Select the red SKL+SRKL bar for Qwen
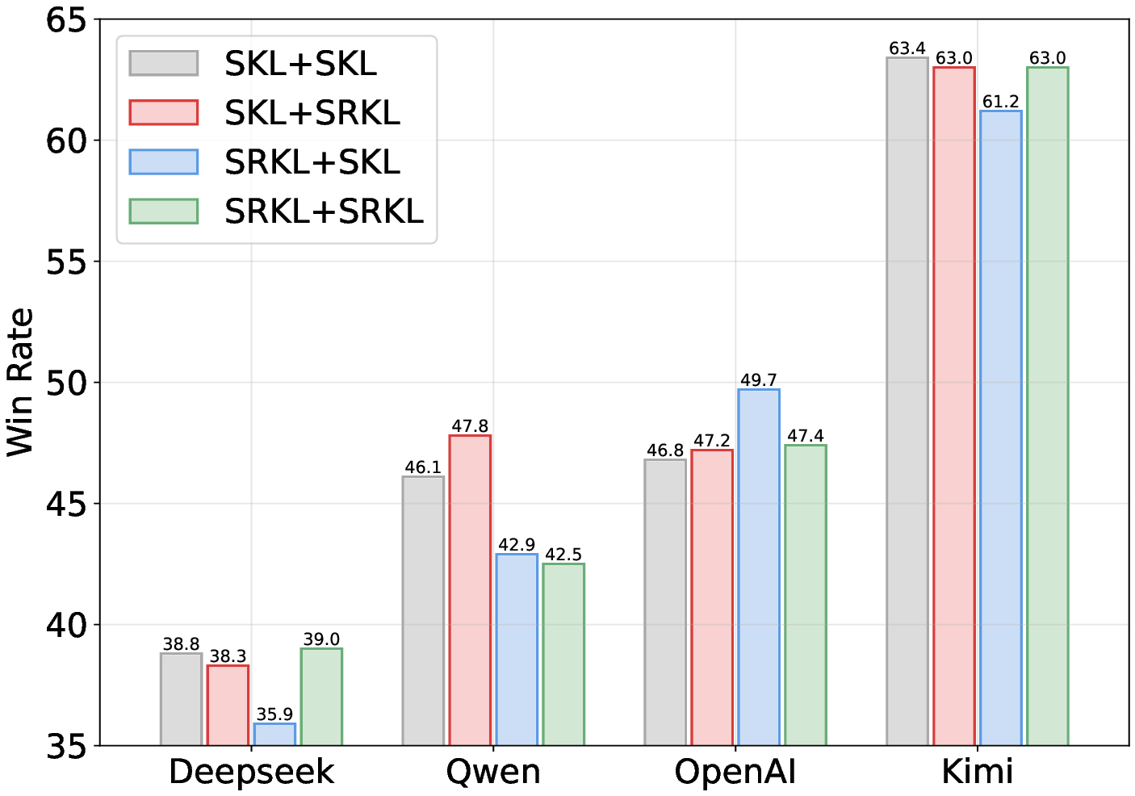click(470, 589)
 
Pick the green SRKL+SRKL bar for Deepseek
click(321, 696)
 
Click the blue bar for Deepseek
click(274, 734)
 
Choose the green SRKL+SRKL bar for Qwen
click(563, 654)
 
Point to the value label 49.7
click(759, 380)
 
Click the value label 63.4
click(907, 48)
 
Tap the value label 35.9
click(274, 714)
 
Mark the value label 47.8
click(470, 426)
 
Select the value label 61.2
click(1001, 102)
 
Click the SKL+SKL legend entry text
click(300, 64)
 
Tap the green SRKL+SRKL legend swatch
click(164, 212)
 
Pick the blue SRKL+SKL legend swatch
click(164, 162)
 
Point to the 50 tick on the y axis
click(66, 383)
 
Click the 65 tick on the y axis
click(66, 20)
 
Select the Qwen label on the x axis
click(493, 772)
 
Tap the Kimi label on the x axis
click(978, 772)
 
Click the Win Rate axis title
click(21, 383)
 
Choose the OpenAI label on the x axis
click(735, 772)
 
